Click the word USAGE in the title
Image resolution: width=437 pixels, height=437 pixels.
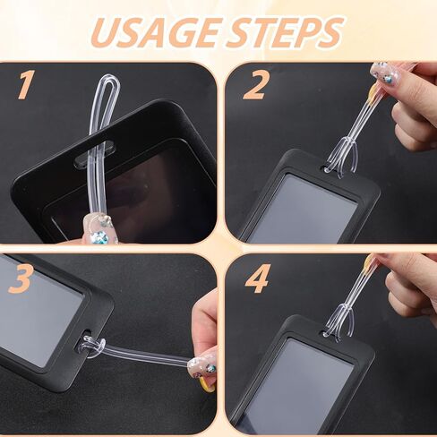click(x=156, y=32)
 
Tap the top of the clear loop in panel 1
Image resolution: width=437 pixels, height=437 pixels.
click(x=109, y=77)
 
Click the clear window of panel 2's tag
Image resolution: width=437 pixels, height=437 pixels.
click(x=302, y=209)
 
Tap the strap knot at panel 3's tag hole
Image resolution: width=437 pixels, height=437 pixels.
click(x=93, y=347)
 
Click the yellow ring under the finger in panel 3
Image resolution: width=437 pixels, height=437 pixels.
click(x=207, y=384)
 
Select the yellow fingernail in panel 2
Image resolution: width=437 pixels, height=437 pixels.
click(x=371, y=92)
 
